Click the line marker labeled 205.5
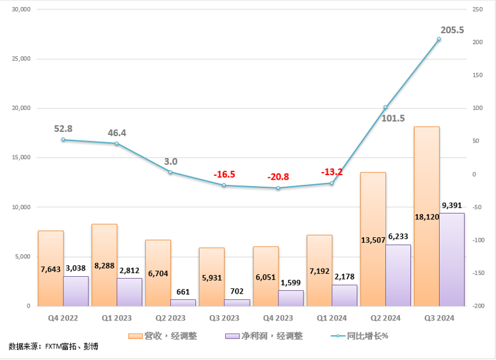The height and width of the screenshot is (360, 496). [439, 39]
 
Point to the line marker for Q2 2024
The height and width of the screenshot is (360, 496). [385, 107]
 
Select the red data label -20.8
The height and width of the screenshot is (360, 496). [277, 176]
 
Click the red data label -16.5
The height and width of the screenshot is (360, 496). [223, 173]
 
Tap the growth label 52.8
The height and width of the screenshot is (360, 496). [64, 129]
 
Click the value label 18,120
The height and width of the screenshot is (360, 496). [427, 217]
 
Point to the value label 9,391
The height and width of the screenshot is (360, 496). [452, 205]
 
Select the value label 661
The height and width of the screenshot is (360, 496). [183, 292]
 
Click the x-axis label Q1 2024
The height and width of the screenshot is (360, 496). [331, 317]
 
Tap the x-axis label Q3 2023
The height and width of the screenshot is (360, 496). [223, 317]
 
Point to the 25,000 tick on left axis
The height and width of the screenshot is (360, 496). [22, 59]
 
